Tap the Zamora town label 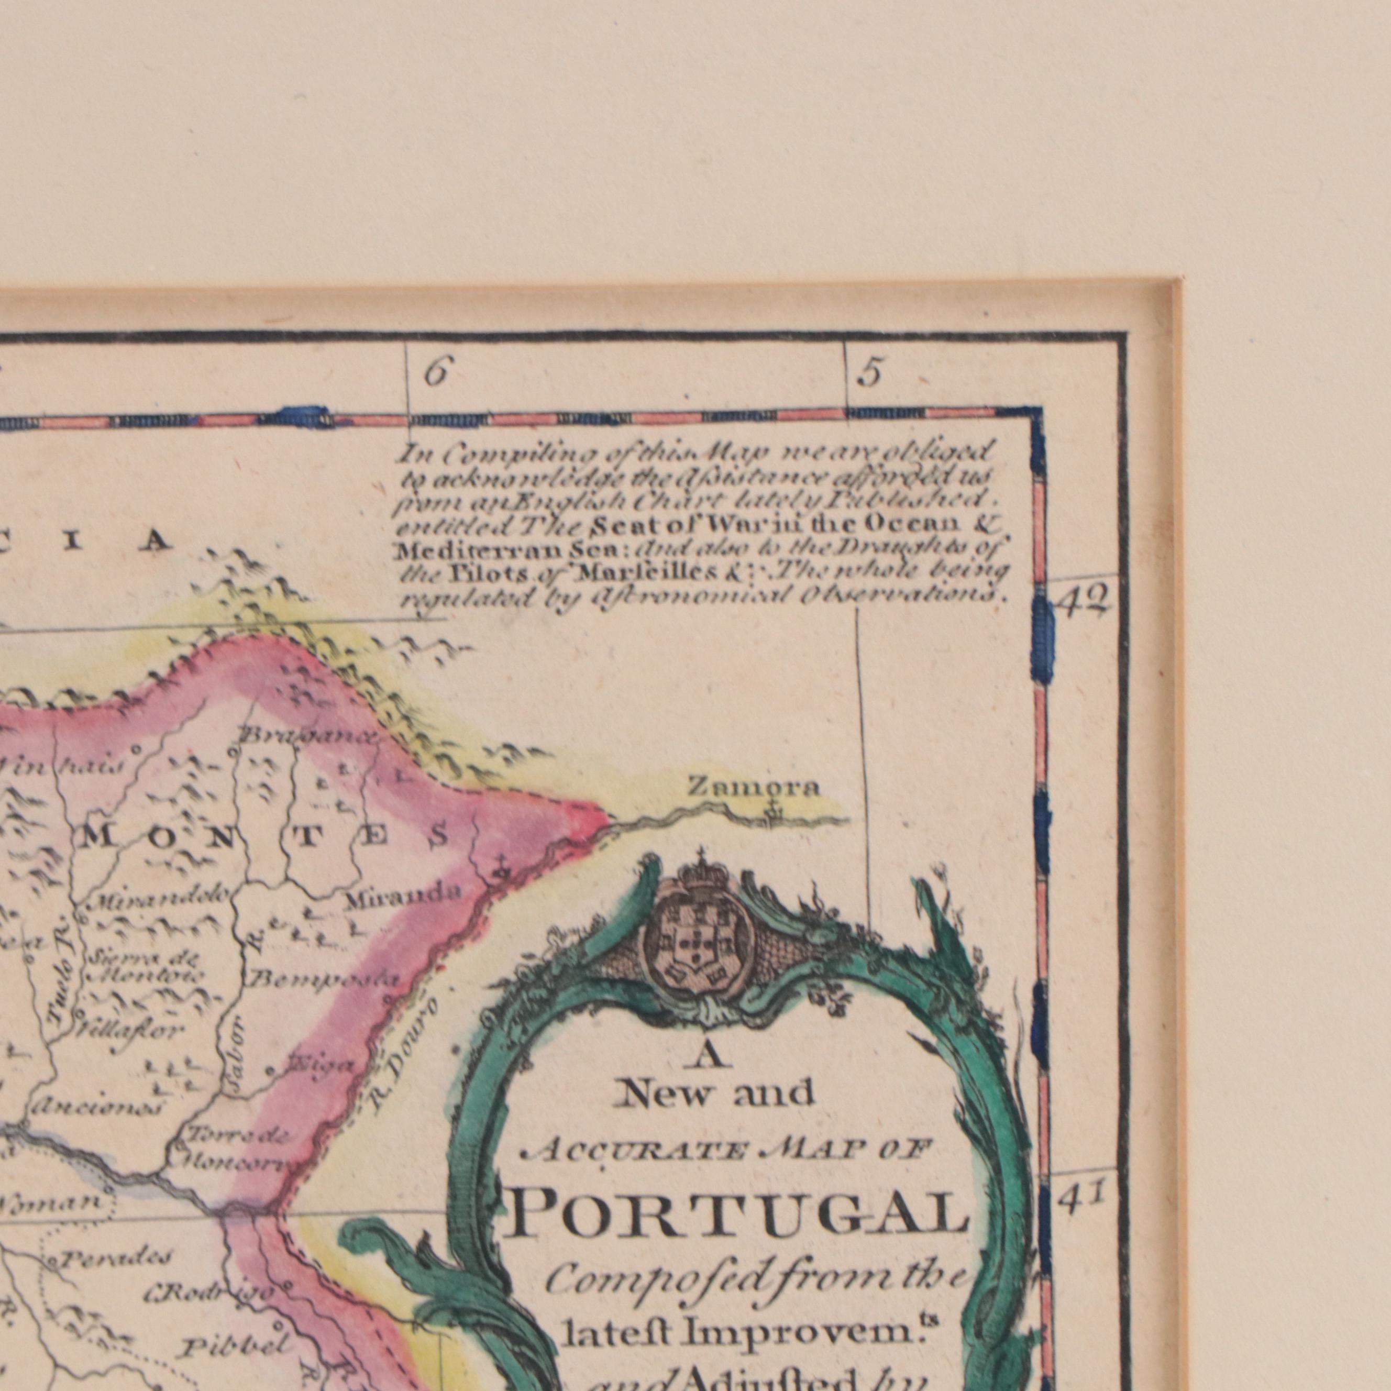(x=753, y=788)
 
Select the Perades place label (x=116, y=1258)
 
